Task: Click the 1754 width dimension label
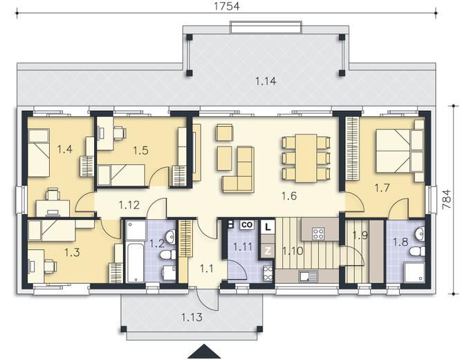click(227, 6)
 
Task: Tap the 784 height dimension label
click(447, 199)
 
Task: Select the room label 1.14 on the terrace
click(266, 81)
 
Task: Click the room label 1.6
click(289, 196)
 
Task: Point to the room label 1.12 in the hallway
click(129, 205)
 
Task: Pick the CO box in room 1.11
click(247, 225)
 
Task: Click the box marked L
click(268, 227)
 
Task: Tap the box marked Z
click(268, 251)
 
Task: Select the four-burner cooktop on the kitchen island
click(319, 233)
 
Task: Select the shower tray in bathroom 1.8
click(414, 272)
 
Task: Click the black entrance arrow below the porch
click(204, 352)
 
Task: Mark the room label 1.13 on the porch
click(192, 317)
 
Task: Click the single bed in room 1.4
click(38, 152)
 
